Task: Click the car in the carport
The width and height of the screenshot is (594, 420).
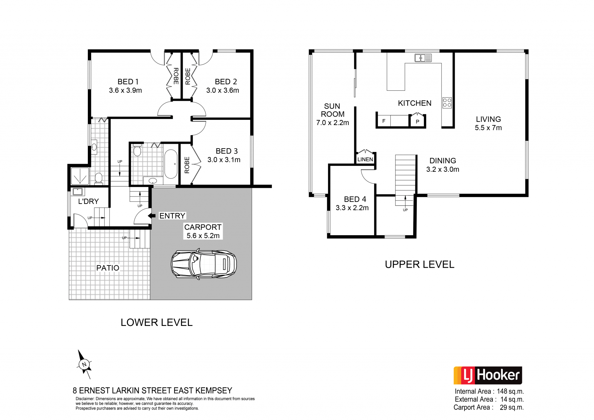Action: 204,264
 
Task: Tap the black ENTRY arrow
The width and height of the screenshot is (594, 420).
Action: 152,216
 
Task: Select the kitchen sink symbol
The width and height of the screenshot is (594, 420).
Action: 423,58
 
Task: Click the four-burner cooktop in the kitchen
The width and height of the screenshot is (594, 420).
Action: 447,103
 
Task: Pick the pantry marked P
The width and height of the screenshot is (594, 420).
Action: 417,121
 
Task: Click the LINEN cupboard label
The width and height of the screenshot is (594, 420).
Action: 365,159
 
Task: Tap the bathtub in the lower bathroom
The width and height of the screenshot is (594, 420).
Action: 171,164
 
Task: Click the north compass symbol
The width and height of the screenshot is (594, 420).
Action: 84,364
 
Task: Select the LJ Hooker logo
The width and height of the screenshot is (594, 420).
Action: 488,375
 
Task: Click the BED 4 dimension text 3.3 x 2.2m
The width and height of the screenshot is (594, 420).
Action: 352,208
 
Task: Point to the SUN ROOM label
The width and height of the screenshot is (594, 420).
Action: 333,110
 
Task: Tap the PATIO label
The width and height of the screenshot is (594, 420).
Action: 108,268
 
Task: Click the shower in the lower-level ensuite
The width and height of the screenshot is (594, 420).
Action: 80,176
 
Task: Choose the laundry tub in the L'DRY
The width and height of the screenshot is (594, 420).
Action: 77,192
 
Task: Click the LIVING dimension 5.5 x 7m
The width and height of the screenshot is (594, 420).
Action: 488,128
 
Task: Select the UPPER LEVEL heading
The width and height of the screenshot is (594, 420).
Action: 420,264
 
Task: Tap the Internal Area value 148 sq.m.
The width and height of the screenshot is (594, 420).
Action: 510,392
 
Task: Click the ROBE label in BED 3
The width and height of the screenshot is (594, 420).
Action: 187,165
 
